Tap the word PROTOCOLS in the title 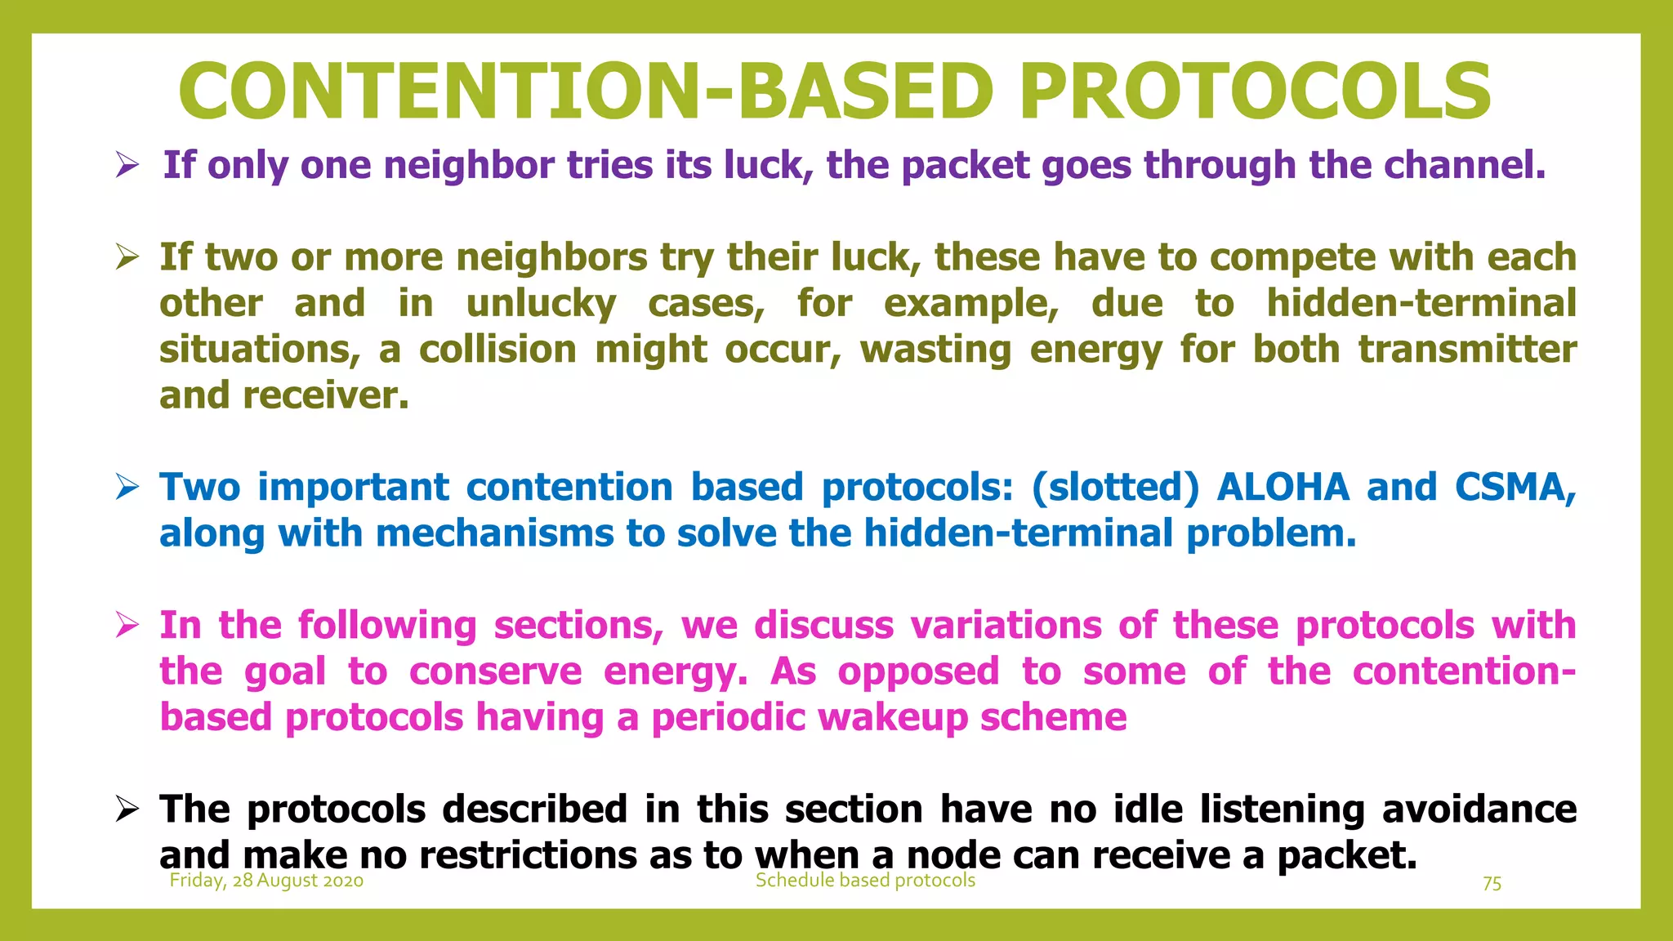[x=1256, y=91]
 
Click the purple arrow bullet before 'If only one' [x=127, y=166]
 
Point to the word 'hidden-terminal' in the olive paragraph [x=1421, y=304]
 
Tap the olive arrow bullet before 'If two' [x=127, y=258]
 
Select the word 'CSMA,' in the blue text [x=1515, y=488]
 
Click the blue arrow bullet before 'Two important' [x=127, y=488]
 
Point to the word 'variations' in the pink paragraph [x=1006, y=626]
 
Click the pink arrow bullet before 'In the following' [x=127, y=627]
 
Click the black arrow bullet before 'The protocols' [x=127, y=810]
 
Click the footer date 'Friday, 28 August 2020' [x=266, y=881]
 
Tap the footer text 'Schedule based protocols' [x=865, y=881]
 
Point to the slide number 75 [x=1492, y=884]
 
